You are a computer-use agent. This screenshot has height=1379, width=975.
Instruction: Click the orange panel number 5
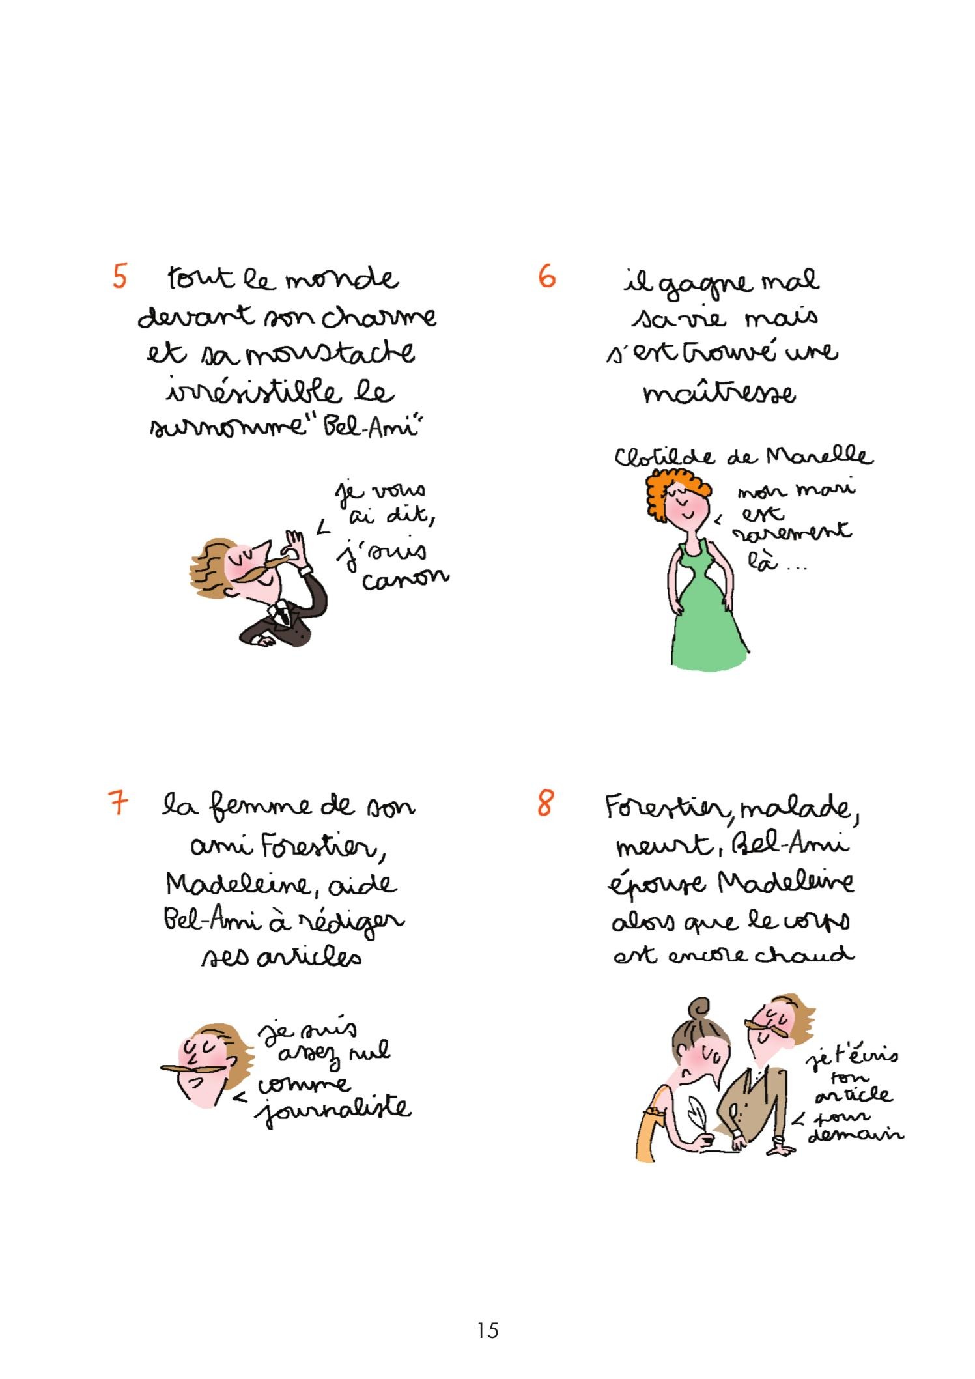click(x=120, y=276)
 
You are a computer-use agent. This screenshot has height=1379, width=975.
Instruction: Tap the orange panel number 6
click(x=547, y=277)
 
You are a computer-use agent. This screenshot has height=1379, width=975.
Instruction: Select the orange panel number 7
click(x=118, y=803)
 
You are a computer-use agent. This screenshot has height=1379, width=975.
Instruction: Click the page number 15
click(x=487, y=1329)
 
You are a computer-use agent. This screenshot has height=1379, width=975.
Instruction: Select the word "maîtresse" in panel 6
click(x=719, y=393)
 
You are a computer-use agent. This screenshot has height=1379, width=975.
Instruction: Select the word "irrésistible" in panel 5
click(x=253, y=392)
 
